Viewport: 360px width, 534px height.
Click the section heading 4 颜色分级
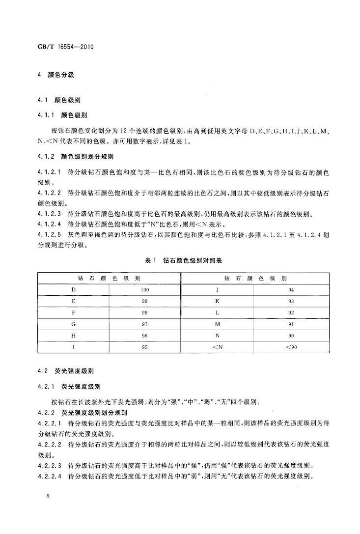55,76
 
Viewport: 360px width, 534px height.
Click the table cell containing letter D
73,290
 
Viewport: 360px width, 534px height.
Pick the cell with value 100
144,290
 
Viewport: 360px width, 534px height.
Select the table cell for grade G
73,324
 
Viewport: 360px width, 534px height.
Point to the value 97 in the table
144,324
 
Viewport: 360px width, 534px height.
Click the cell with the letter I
73,347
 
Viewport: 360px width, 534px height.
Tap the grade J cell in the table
217,290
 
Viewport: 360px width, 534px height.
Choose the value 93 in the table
291,301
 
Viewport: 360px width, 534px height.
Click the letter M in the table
217,324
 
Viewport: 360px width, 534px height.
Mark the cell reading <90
291,347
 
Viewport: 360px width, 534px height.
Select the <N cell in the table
217,347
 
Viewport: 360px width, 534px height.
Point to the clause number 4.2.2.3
50,465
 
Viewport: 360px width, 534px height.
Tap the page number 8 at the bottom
48,497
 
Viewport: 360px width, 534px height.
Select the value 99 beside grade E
144,301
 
